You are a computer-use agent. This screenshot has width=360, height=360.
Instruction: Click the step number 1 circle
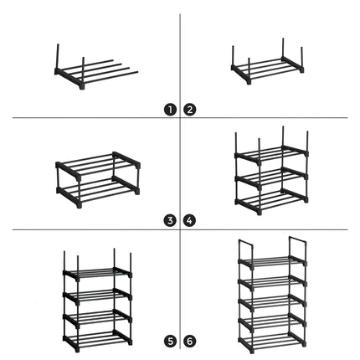tap(170, 110)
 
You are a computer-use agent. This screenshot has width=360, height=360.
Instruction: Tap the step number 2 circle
tap(190, 110)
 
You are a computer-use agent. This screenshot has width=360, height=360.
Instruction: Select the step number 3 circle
tap(170, 221)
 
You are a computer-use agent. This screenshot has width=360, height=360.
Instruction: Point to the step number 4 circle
tap(190, 221)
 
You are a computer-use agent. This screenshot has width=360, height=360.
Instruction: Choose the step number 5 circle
tap(170, 341)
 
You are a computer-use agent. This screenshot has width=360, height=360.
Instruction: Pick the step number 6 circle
tap(190, 341)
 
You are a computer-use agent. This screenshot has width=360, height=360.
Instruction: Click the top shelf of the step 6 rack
tap(272, 261)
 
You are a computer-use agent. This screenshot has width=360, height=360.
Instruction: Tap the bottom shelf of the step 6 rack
tap(272, 342)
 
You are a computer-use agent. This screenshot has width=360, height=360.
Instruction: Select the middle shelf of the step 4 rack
tap(272, 177)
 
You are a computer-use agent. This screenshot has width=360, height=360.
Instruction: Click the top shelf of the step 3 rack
tap(98, 166)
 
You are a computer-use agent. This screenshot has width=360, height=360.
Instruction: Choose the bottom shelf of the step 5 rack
tap(97, 340)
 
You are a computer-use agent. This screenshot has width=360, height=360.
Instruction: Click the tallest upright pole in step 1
tap(58, 57)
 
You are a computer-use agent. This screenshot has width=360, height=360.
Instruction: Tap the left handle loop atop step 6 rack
tap(246, 249)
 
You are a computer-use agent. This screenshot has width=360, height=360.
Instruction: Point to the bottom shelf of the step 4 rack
tap(272, 199)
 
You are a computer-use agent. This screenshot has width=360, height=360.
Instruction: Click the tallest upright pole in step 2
tap(283, 48)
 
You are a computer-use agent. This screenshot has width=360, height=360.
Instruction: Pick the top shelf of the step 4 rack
tap(272, 154)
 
